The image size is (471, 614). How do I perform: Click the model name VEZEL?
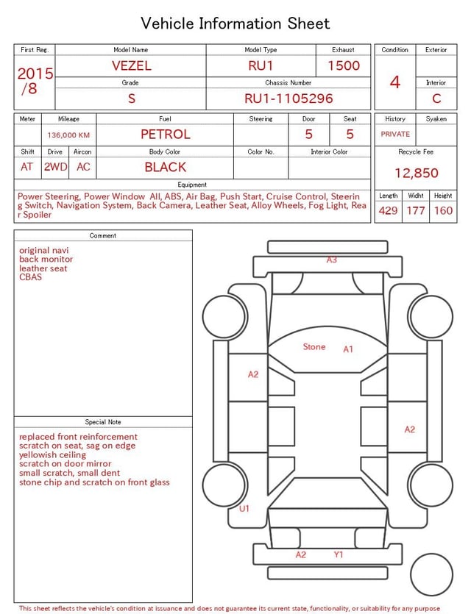132,65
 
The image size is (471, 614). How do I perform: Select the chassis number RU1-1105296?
288,99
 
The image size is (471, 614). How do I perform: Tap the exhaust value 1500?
344,65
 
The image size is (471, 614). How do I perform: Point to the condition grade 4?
395,82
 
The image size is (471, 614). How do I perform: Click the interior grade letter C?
436,99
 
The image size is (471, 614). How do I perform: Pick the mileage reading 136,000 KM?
68,135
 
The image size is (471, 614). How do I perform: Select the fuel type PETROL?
166,135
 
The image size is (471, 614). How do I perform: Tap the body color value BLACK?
166,167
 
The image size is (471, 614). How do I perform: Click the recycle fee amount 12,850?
416,173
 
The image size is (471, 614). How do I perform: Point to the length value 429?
389,210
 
